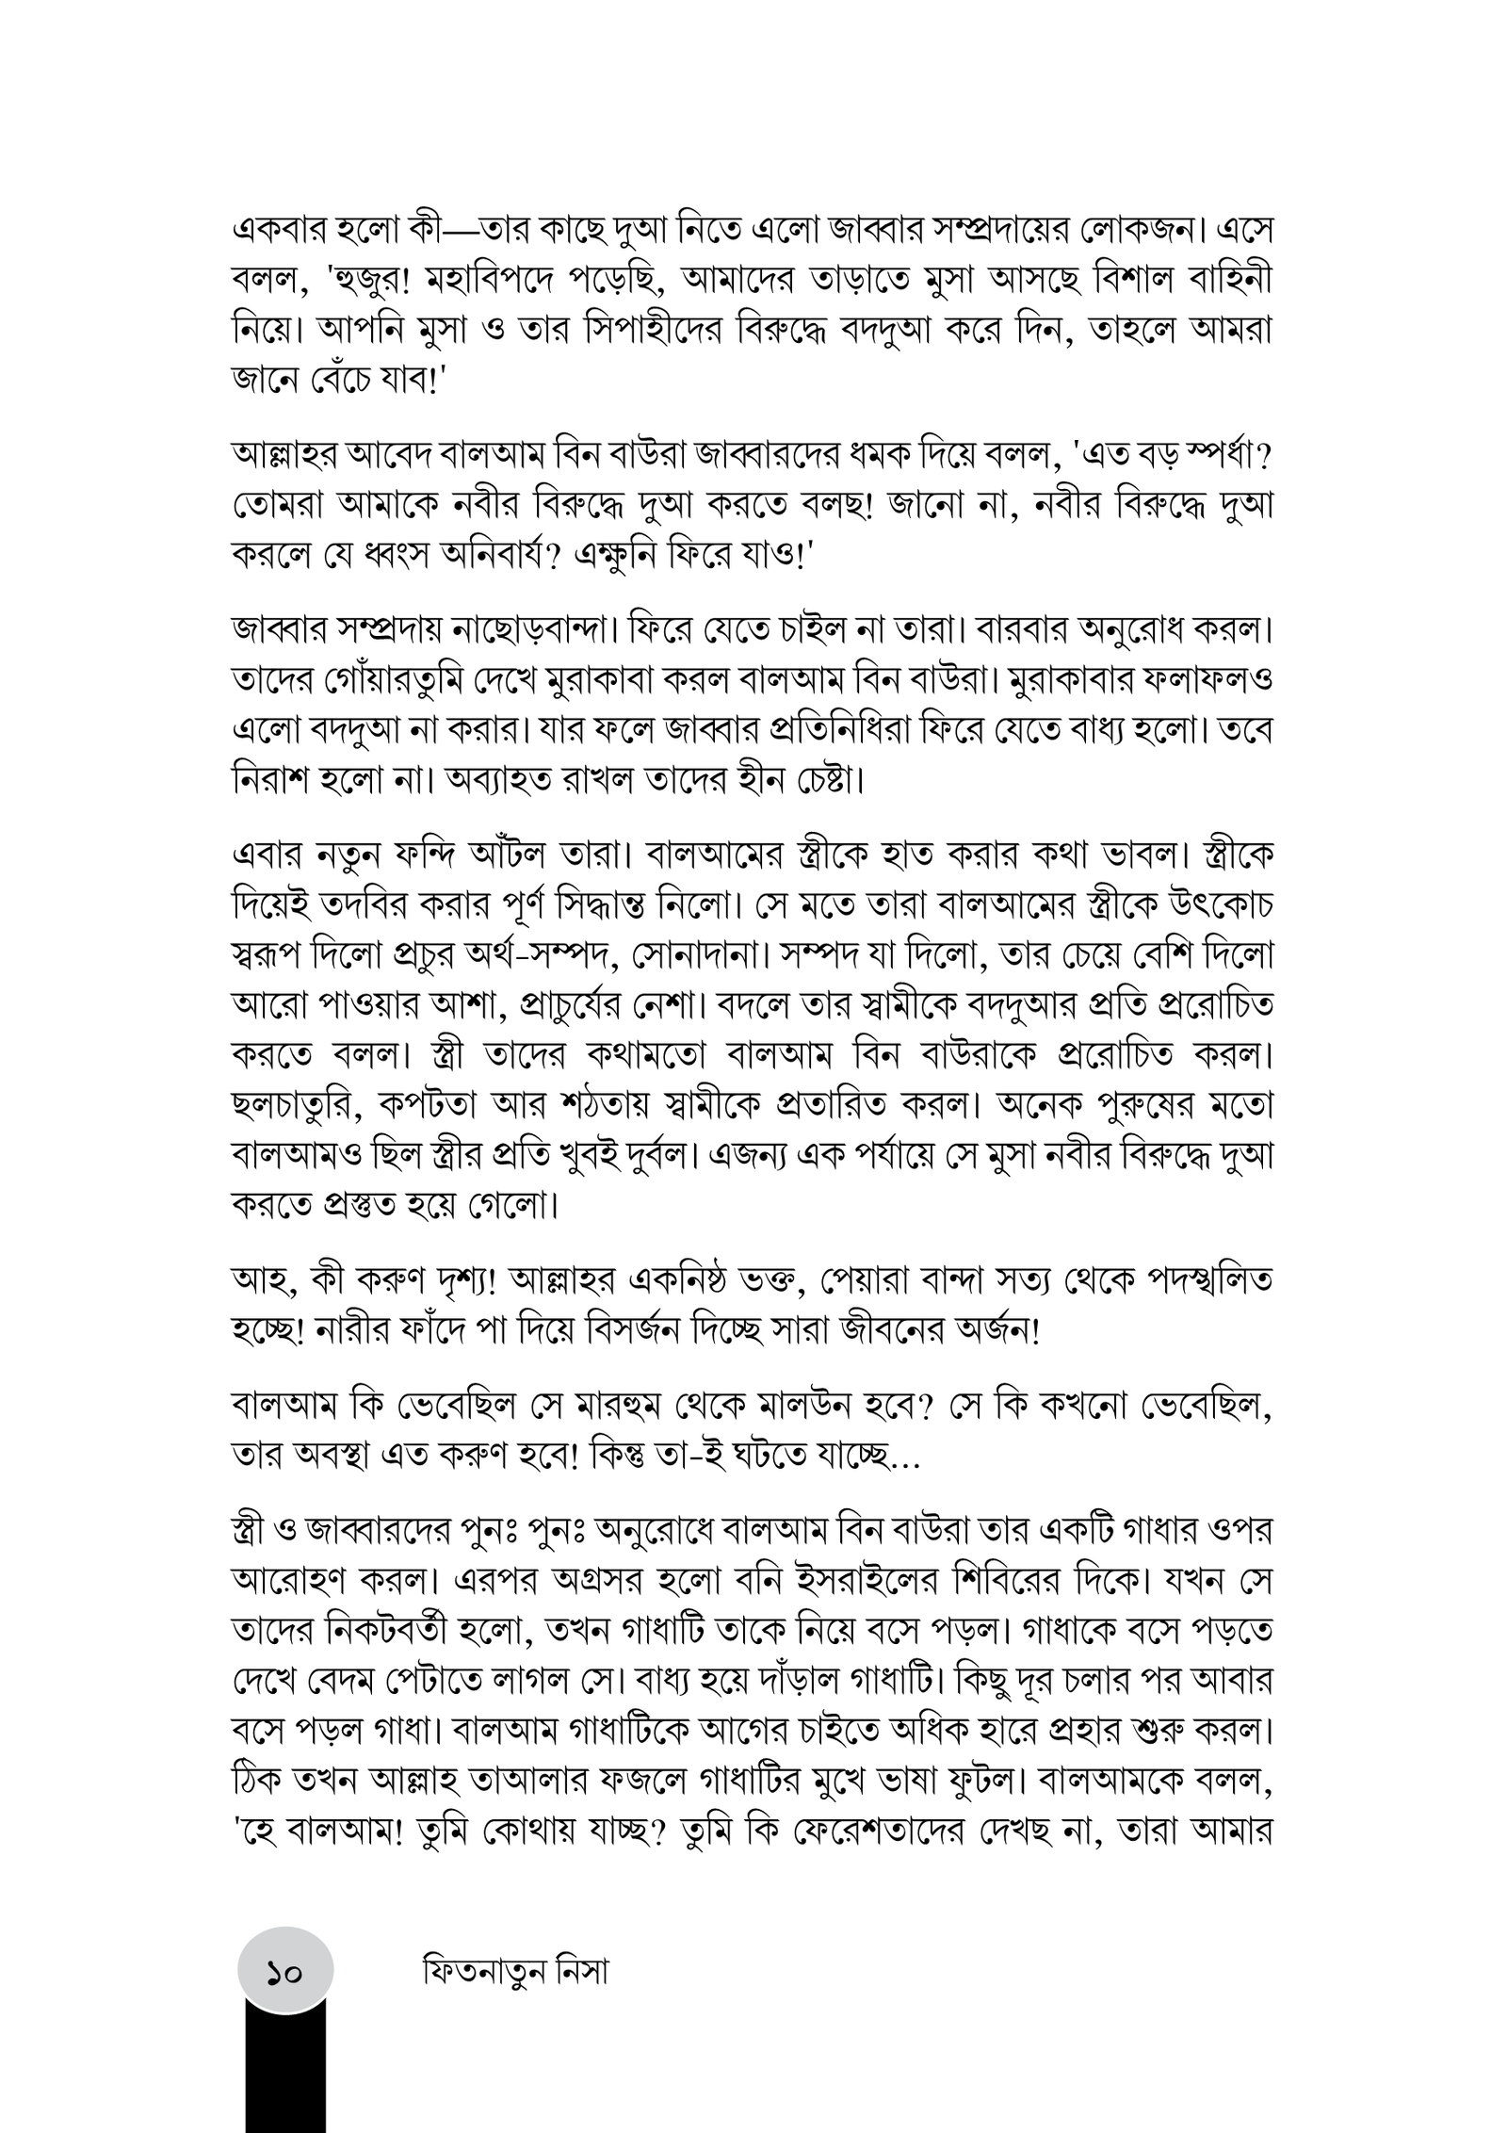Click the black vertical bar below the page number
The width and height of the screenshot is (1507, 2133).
(x=285, y=2073)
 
